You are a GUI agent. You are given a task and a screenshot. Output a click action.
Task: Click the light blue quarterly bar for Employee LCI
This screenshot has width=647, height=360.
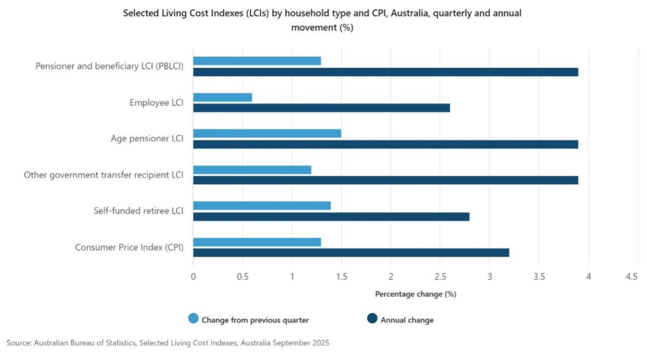[x=223, y=97]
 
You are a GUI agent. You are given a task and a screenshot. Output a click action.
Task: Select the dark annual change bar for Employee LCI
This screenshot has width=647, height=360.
[x=321, y=108]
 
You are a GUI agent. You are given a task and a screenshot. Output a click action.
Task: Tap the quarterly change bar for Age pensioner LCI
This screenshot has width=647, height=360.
[x=267, y=133]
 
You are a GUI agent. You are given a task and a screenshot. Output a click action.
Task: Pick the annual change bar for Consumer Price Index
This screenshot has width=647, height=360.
[x=351, y=252]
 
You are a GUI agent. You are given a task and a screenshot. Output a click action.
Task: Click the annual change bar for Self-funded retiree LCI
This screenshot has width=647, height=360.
[x=331, y=216]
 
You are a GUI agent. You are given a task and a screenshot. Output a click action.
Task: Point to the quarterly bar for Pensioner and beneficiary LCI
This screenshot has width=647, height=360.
[x=257, y=61]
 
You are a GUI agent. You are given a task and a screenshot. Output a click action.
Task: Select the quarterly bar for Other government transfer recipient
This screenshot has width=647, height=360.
[x=252, y=170]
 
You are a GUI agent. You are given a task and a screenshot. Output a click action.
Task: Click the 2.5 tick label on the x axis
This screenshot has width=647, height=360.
[x=440, y=276]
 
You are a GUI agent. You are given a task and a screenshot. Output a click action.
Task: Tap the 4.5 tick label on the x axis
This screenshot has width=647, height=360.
[x=632, y=276]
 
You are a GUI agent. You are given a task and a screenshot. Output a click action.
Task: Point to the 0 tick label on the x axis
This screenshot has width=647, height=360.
[x=193, y=276]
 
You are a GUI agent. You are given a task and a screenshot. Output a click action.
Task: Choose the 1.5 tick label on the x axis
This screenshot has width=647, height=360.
[x=341, y=276]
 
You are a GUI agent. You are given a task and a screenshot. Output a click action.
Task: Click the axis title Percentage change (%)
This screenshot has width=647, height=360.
[x=415, y=294]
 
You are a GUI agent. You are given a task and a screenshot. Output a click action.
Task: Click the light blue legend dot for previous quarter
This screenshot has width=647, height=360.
[x=193, y=319]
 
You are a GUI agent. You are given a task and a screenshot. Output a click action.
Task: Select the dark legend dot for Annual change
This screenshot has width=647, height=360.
[x=372, y=319]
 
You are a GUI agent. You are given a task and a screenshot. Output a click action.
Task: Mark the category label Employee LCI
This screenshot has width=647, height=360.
[x=156, y=102]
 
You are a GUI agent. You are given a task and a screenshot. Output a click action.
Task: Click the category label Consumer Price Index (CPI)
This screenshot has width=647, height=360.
[x=129, y=247]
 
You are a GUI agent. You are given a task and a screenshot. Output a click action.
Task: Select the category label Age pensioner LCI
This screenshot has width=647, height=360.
[x=147, y=139]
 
